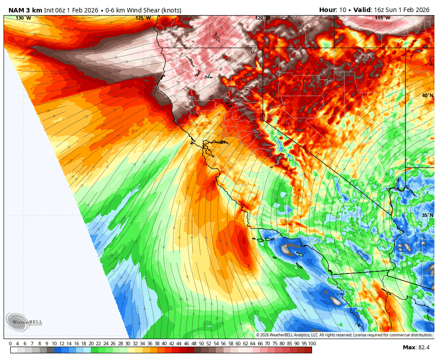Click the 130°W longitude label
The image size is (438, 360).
pos(23,18)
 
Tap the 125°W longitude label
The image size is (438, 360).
pos(143,18)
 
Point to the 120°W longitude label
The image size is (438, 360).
pos(263,18)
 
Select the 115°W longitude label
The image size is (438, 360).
pos(382,18)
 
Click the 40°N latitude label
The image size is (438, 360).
pos(427,96)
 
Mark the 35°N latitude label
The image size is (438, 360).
pos(427,216)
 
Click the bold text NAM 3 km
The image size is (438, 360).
pos(25,10)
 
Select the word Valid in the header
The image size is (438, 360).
pos(362,10)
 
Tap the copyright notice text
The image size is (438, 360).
pos(344,335)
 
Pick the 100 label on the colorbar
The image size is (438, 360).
pos(312,344)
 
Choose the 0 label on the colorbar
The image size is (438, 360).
pos(10,344)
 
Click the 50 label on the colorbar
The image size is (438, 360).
pos(201,344)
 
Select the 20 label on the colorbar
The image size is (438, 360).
pos(91,344)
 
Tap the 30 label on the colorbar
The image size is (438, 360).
pos(128,344)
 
